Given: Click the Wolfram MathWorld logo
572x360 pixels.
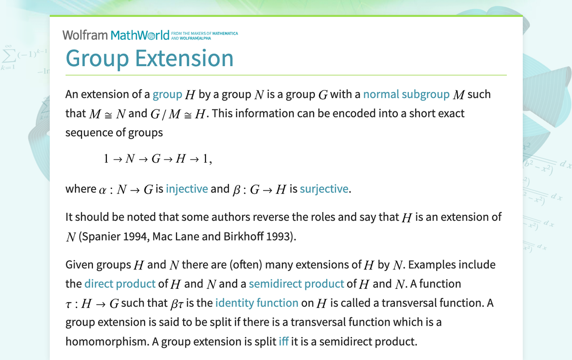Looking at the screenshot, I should point(119,35).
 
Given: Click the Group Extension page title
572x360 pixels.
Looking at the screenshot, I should point(149,58).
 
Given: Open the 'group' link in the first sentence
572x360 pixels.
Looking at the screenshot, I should point(167,94).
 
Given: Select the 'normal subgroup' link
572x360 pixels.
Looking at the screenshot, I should point(406,94).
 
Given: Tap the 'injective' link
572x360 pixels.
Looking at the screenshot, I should point(187,189).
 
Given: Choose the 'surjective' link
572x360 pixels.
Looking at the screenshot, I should point(324,189).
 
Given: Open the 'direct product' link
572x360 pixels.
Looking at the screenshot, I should point(120,283).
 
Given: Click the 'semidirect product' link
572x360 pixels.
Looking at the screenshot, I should point(296,283).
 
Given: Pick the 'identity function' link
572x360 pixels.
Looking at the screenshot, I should point(257,302).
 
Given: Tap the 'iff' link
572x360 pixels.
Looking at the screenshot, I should point(284,341).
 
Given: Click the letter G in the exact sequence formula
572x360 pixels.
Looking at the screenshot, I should point(156,159).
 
